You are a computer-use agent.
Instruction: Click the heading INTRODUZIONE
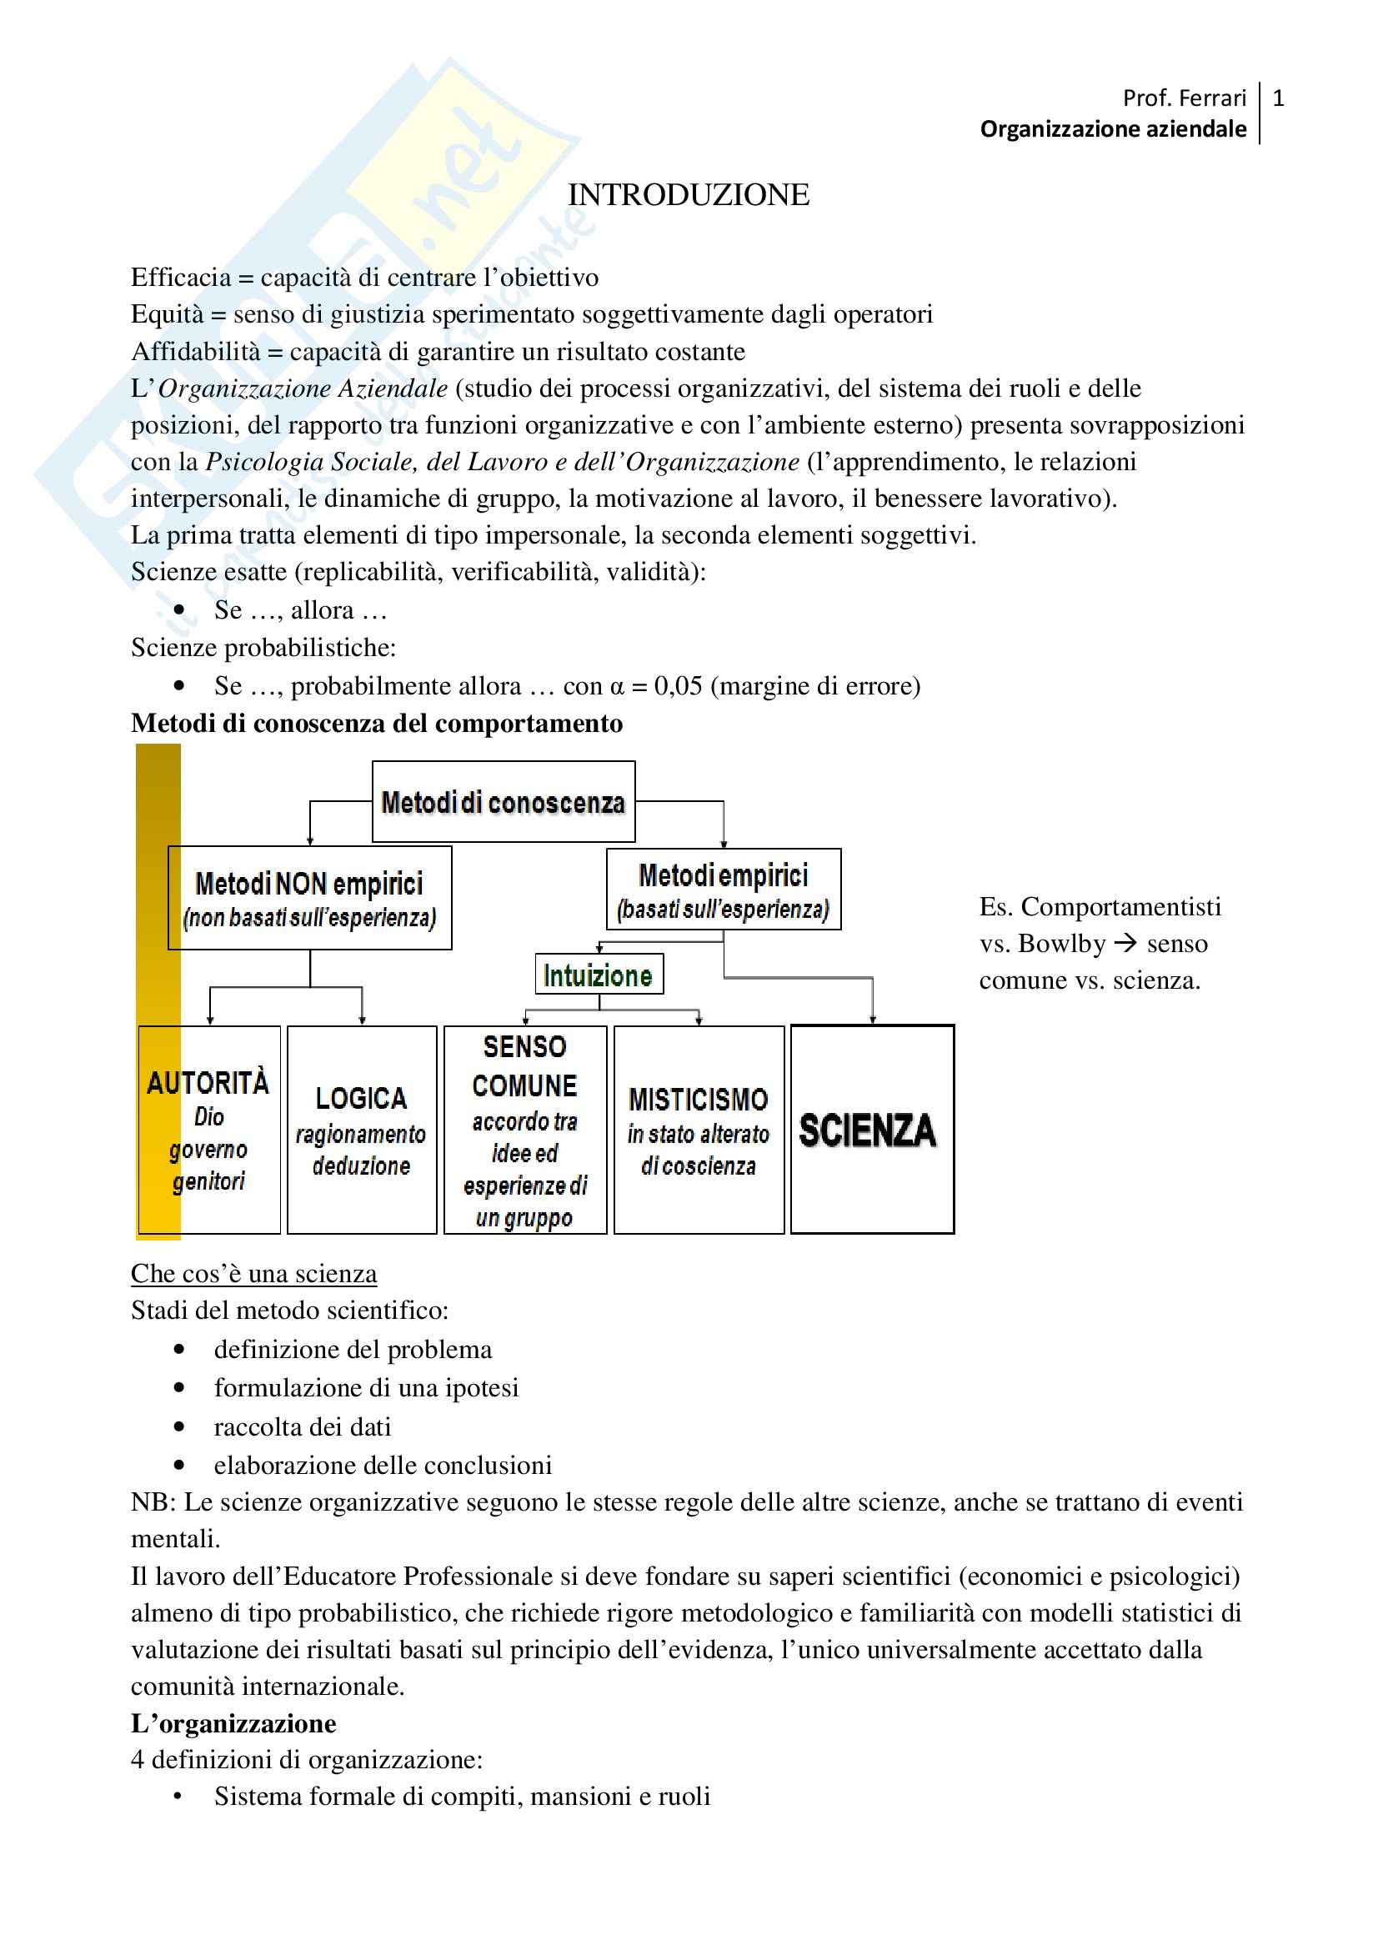688,194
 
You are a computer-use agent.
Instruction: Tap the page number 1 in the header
1278,98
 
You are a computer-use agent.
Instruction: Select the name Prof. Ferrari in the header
1184,98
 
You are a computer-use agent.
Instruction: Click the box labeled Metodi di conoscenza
504,802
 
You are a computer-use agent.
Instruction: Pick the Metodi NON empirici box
310,898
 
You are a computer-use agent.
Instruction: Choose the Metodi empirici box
724,890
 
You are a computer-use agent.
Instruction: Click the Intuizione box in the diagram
599,975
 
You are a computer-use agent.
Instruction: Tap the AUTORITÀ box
209,1129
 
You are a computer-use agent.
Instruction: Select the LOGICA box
362,1129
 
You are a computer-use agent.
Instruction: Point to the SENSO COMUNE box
524,1129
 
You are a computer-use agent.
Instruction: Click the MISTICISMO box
698,1129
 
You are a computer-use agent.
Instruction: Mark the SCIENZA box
872,1129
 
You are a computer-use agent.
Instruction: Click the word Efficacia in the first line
181,278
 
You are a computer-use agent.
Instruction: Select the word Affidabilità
195,352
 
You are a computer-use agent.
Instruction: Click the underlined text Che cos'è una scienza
254,1274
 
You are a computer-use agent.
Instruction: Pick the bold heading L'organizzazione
233,1723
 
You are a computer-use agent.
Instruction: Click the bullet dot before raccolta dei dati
179,1426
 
